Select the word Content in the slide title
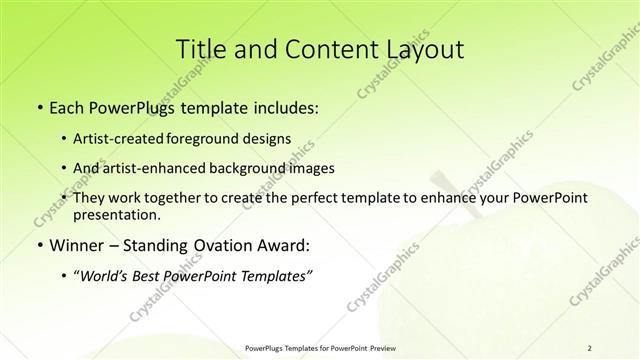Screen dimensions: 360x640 pos(320,49)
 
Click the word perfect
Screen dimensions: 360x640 pos(312,198)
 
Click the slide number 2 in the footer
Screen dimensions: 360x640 pos(590,347)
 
